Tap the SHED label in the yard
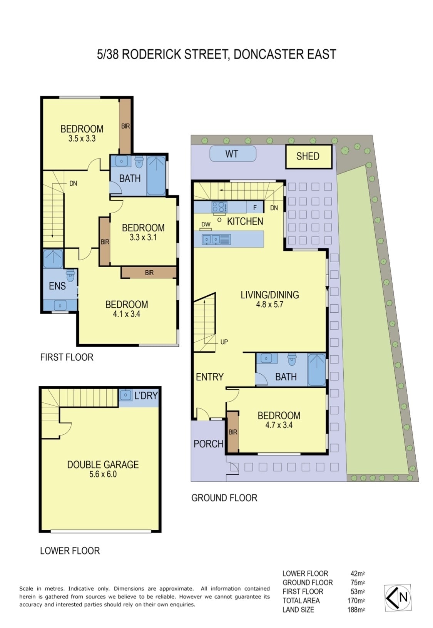pyautogui.click(x=308, y=156)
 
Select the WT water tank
pyautogui.click(x=232, y=153)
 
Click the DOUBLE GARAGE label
pyautogui.click(x=103, y=465)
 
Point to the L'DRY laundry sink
pyautogui.click(x=125, y=395)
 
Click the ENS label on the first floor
pyautogui.click(x=57, y=286)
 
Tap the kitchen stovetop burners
pyautogui.click(x=219, y=207)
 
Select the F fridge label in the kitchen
pyautogui.click(x=255, y=208)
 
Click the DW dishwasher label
pyautogui.click(x=206, y=224)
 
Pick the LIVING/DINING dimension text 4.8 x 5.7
pyautogui.click(x=269, y=304)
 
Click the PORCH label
pyautogui.click(x=208, y=444)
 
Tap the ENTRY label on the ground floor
pyautogui.click(x=210, y=377)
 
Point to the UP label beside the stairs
pyautogui.click(x=224, y=342)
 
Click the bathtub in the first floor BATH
pyautogui.click(x=156, y=176)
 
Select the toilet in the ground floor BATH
pyautogui.click(x=292, y=359)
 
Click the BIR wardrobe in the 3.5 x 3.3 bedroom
pyautogui.click(x=125, y=126)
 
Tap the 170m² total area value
pyautogui.click(x=356, y=600)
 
